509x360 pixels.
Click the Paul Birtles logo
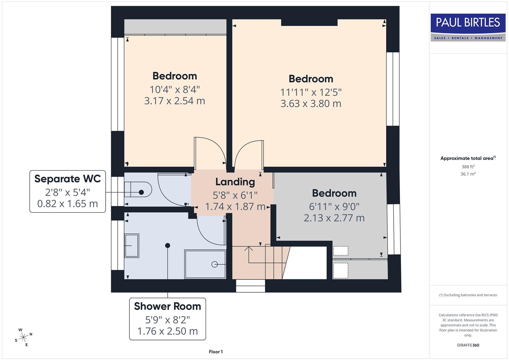468,27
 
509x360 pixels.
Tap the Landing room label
235,182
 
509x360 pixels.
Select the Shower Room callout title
167,306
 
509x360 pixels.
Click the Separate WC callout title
68,179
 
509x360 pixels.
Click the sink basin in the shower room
131,246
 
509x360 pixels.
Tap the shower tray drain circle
214,264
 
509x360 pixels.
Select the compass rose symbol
23,338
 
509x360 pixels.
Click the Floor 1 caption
216,352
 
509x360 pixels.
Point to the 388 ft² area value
468,167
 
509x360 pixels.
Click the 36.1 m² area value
468,174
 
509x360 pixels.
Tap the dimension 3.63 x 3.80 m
311,104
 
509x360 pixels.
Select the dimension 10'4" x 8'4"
174,89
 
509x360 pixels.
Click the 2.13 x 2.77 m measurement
334,218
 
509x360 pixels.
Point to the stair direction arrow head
248,248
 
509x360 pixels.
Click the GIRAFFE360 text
468,345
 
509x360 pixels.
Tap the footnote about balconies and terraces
468,295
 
